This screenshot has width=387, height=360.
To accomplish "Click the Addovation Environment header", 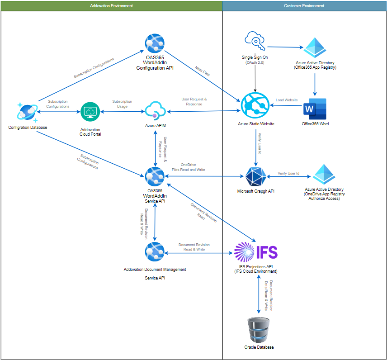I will [x=111, y=5].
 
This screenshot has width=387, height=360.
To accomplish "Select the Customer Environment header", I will [x=304, y=5].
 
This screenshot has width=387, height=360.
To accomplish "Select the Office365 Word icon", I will [x=316, y=109].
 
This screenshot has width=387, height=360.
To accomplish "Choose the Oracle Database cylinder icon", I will [x=258, y=330].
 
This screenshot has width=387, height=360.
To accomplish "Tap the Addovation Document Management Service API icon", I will [x=155, y=252].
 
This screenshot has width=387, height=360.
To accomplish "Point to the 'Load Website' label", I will [x=287, y=100].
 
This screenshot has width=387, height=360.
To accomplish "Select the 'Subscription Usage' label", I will [x=122, y=104].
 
